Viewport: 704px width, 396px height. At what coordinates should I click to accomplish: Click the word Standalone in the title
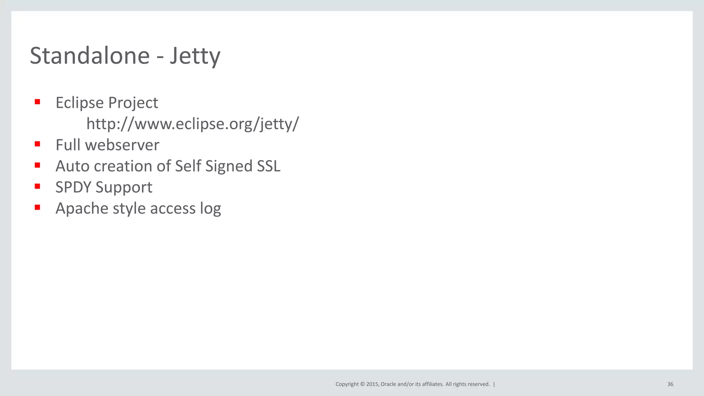tap(90, 56)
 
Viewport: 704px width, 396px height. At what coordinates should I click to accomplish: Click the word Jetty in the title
tap(195, 56)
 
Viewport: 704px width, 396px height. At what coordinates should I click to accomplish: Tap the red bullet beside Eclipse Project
tap(37, 102)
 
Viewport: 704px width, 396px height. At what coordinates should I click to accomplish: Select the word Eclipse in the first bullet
tap(79, 103)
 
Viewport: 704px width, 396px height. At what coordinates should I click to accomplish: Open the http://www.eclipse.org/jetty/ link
tap(192, 124)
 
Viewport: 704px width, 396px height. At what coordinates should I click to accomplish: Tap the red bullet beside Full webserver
tap(37, 144)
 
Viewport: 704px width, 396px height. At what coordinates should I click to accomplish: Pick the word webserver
tap(122, 145)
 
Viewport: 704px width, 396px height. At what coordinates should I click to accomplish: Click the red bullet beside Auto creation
tap(37, 165)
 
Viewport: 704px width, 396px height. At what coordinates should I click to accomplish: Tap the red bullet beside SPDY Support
tap(37, 186)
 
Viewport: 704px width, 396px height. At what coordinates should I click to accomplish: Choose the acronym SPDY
tap(73, 187)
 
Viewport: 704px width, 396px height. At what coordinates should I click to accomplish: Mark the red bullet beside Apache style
tap(37, 207)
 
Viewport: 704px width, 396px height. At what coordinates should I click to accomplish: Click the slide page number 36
tap(670, 384)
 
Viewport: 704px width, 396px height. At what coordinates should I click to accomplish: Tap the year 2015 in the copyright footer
tap(372, 384)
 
